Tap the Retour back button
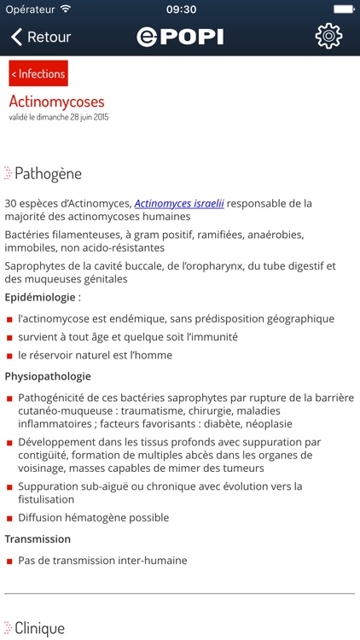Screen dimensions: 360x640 click(x=40, y=37)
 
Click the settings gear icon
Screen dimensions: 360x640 click(x=328, y=36)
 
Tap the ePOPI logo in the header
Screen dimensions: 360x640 click(x=179, y=37)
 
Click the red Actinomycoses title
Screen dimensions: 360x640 click(x=56, y=102)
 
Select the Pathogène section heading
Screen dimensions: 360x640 click(x=48, y=173)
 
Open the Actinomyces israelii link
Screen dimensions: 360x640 click(x=179, y=203)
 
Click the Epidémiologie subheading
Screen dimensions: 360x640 click(x=43, y=297)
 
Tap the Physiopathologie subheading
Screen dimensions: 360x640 click(x=48, y=375)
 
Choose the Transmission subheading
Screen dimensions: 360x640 click(x=38, y=538)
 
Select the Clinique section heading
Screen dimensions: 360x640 click(x=39, y=629)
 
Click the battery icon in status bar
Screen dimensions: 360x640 click(x=343, y=9)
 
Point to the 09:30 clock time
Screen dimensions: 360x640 click(x=180, y=9)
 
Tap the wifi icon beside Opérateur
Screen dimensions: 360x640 click(x=66, y=9)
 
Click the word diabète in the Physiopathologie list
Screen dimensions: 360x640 click(x=241, y=424)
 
